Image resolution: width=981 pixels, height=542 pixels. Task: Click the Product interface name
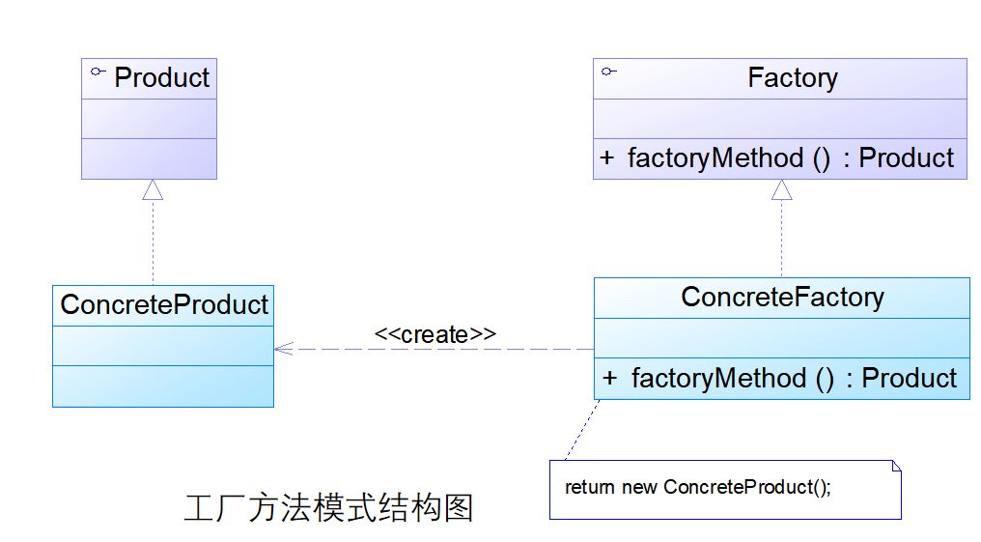pyautogui.click(x=161, y=78)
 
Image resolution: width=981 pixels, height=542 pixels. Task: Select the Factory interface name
pyautogui.click(x=793, y=78)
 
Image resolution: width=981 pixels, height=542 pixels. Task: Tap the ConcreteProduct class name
pyautogui.click(x=164, y=305)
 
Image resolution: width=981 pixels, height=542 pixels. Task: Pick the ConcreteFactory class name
pyautogui.click(x=782, y=298)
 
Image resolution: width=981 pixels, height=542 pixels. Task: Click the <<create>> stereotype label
pyautogui.click(x=434, y=334)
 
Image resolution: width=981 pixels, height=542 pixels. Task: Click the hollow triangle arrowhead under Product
pyautogui.click(x=153, y=190)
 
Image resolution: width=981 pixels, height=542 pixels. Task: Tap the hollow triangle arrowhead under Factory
pyautogui.click(x=781, y=190)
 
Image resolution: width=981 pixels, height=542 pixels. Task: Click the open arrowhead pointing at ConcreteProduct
pyautogui.click(x=281, y=349)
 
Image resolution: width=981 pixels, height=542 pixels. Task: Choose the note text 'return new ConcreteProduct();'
pyautogui.click(x=697, y=487)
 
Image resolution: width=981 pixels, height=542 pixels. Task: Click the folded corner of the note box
pyautogui.click(x=896, y=466)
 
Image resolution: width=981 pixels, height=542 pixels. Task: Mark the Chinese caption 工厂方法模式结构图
pyautogui.click(x=328, y=507)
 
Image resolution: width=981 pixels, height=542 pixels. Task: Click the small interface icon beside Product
pyautogui.click(x=97, y=72)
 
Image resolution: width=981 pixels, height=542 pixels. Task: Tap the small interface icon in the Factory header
pyautogui.click(x=608, y=71)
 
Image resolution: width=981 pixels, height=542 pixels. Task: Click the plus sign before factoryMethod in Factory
pyautogui.click(x=606, y=158)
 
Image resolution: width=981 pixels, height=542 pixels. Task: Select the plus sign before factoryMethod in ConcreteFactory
pyautogui.click(x=609, y=379)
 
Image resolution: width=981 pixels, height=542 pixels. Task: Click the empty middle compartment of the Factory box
pyautogui.click(x=779, y=118)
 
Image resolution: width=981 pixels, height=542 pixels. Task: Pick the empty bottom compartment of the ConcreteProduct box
pyautogui.click(x=162, y=385)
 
